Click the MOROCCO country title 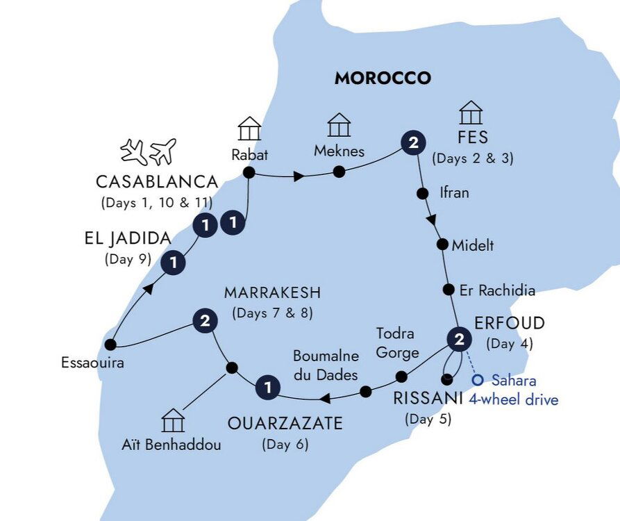pos(383,78)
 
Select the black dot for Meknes pos(339,172)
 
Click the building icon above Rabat pos(249,129)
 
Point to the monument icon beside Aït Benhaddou pos(172,420)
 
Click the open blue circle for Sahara pos(477,380)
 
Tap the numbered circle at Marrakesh pos(204,321)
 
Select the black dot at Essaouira pos(110,344)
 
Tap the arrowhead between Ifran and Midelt pos(432,220)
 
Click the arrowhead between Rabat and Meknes pos(298,176)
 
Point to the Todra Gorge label pos(397,342)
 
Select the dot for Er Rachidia pos(449,290)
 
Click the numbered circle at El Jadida pos(174,263)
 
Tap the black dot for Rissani pos(448,379)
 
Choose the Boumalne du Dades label pos(326,365)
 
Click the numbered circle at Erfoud pos(458,340)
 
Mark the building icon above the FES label pos(471,113)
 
